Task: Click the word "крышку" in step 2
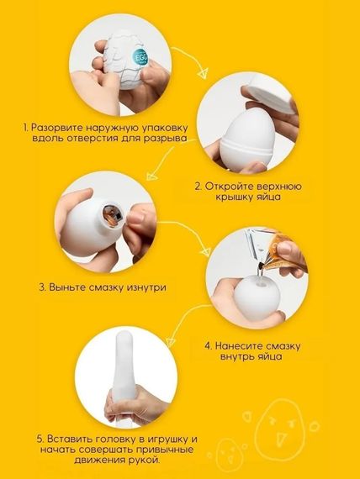click(x=235, y=197)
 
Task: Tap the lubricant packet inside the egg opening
click(x=111, y=216)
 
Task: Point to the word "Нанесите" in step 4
click(x=239, y=346)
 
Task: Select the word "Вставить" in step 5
click(x=70, y=439)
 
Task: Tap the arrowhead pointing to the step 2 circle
click(x=202, y=73)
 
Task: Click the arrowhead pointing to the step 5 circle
click(x=172, y=342)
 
